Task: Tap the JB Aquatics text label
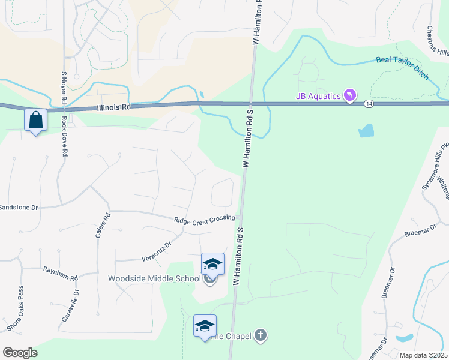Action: pyautogui.click(x=318, y=96)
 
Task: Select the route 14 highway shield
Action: pyautogui.click(x=368, y=104)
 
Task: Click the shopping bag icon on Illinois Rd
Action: pyautogui.click(x=35, y=120)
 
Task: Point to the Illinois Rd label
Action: pyautogui.click(x=113, y=108)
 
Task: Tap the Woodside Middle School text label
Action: pyautogui.click(x=154, y=278)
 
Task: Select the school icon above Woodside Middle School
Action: pyautogui.click(x=212, y=264)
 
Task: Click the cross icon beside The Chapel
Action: pyautogui.click(x=260, y=335)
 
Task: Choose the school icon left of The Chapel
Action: pyautogui.click(x=205, y=326)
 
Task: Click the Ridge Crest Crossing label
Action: pyautogui.click(x=204, y=220)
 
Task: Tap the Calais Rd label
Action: pyautogui.click(x=102, y=226)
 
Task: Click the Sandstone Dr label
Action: pyautogui.click(x=19, y=207)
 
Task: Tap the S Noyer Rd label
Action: pyautogui.click(x=64, y=86)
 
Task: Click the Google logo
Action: pyautogui.click(x=20, y=353)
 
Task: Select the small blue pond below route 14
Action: pyautogui.click(x=366, y=130)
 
